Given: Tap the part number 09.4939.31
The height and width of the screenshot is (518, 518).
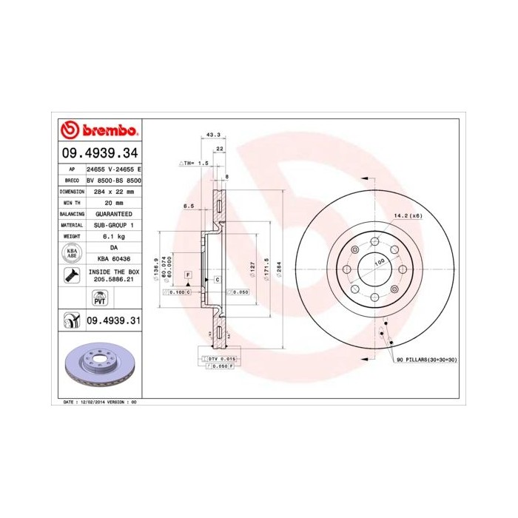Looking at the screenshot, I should [x=113, y=320].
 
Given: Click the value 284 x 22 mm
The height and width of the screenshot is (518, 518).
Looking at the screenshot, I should [x=113, y=191].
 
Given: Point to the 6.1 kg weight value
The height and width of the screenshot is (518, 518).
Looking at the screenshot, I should [x=113, y=235].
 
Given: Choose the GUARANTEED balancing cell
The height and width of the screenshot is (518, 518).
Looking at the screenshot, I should [x=113, y=213].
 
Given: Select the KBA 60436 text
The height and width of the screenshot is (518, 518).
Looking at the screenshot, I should [x=113, y=258].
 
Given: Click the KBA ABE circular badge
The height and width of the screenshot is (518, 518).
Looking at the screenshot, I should [x=72, y=252].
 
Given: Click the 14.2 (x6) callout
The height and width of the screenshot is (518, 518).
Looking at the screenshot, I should [x=407, y=216].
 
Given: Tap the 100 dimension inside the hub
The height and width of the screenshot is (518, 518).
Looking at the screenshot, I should [x=379, y=263].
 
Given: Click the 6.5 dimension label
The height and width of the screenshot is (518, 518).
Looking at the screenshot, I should [x=188, y=206].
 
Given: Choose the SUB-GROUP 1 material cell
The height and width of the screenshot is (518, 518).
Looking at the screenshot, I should [x=113, y=224].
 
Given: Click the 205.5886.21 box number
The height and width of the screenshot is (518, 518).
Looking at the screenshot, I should [x=113, y=280].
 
